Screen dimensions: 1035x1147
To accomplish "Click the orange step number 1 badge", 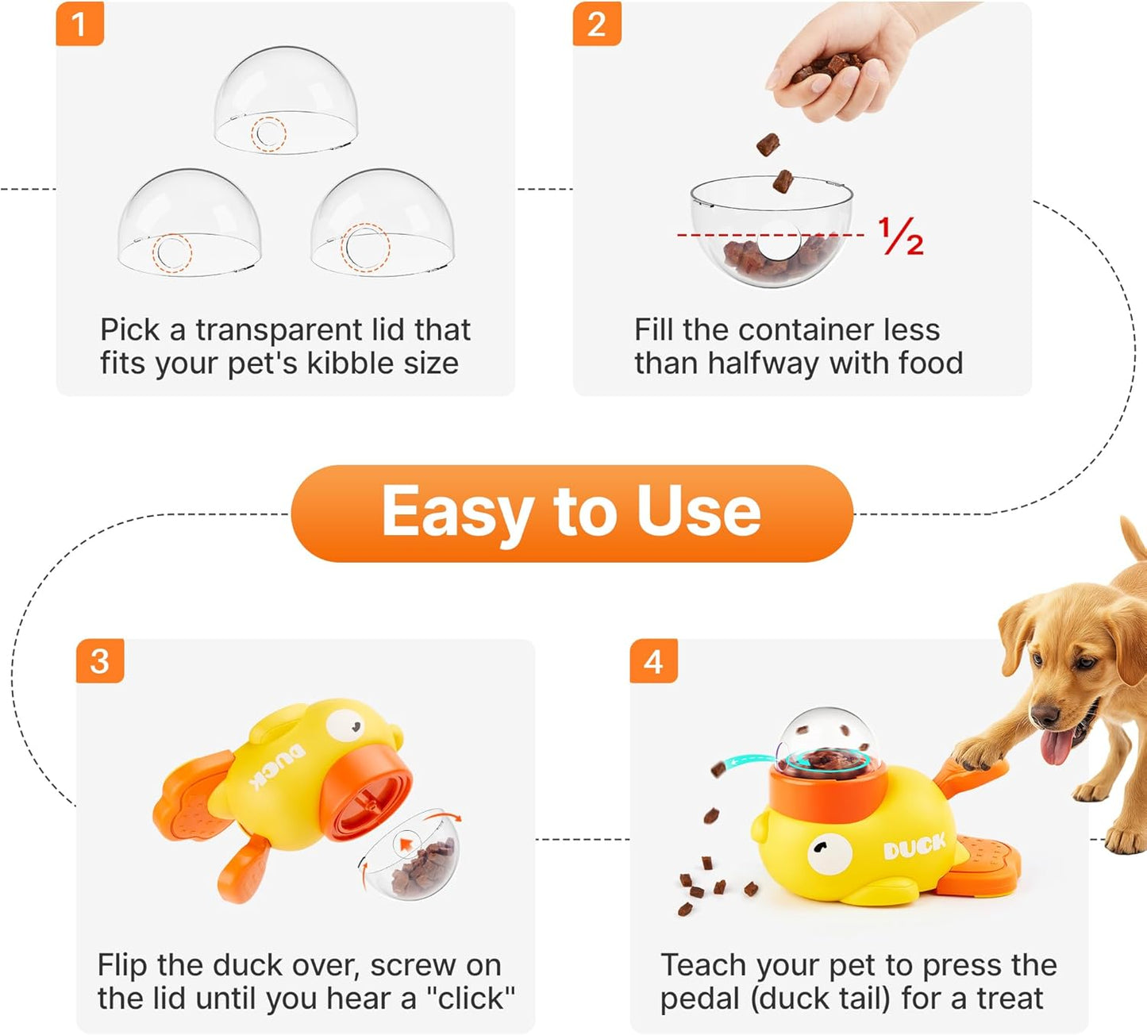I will [x=79, y=24].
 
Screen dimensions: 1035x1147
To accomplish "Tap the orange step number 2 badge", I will [x=596, y=24].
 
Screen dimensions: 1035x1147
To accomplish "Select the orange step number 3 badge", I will [x=100, y=661].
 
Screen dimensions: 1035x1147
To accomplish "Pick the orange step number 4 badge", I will [x=653, y=661].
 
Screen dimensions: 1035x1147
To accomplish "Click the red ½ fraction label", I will [x=901, y=237].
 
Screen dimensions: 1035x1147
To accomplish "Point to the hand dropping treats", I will [x=841, y=67].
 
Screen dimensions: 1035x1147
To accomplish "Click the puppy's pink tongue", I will [x=1057, y=747].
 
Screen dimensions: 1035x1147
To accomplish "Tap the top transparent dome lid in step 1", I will [x=286, y=100].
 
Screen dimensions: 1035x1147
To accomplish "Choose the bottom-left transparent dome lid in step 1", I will [x=189, y=222].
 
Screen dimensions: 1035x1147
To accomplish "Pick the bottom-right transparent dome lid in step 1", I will [x=383, y=222].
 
